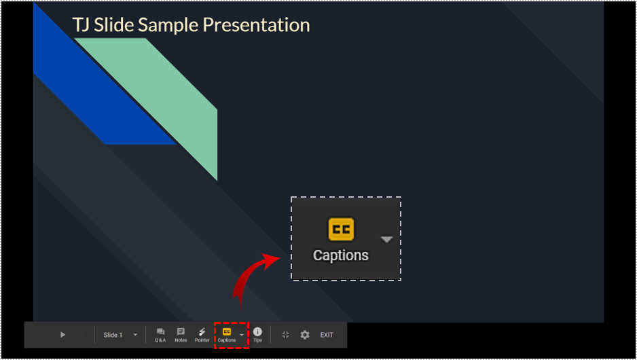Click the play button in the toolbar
tap(62, 335)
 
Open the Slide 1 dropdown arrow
tap(135, 335)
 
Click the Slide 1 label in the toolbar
tap(113, 335)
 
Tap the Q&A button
tap(160, 335)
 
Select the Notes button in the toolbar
tap(181, 335)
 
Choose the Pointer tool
tap(202, 335)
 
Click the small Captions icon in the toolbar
tap(227, 332)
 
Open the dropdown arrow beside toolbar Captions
tap(242, 335)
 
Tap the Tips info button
tap(257, 334)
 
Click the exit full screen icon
tap(285, 335)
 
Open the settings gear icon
tap(305, 335)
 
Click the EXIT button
tap(327, 335)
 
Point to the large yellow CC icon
tap(341, 230)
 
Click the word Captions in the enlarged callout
tap(341, 255)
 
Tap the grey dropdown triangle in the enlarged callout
tap(386, 239)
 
